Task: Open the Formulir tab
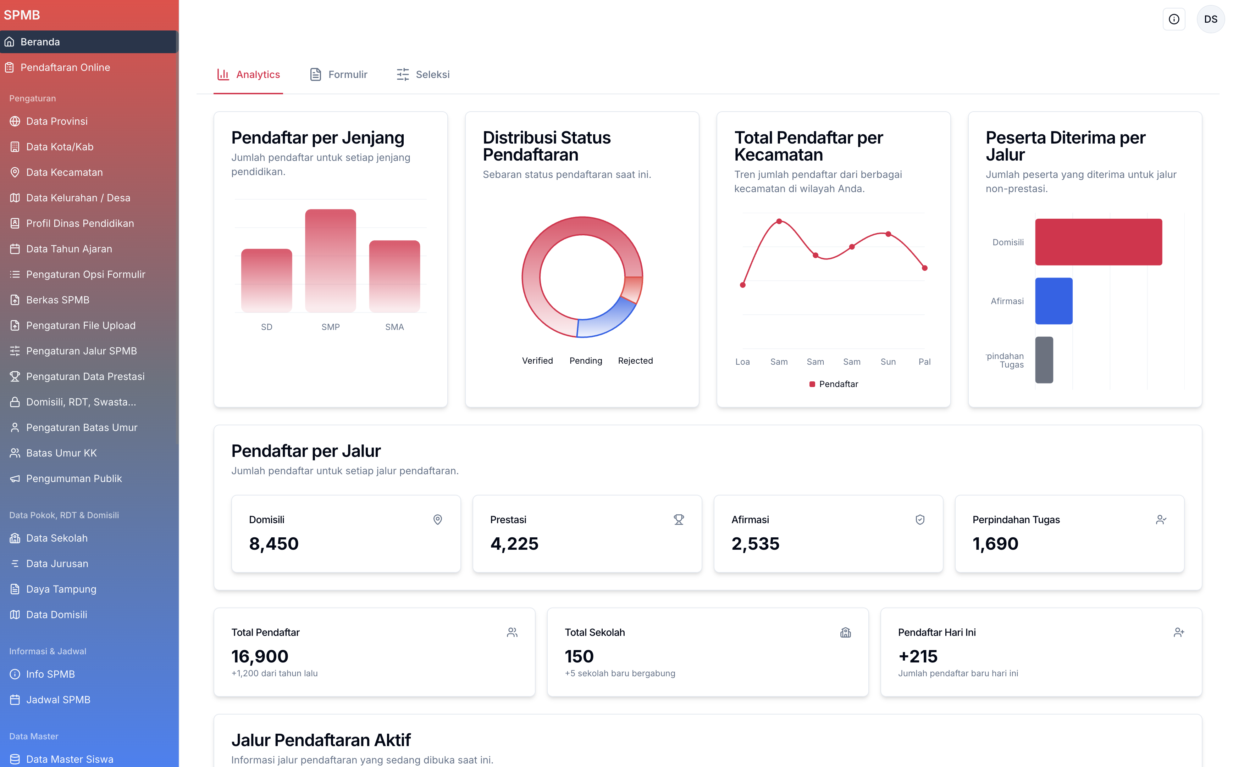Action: click(x=339, y=74)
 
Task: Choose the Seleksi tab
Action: click(x=423, y=74)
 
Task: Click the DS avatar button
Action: click(x=1210, y=19)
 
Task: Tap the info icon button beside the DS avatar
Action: click(x=1174, y=19)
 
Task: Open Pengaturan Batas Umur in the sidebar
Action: click(x=81, y=428)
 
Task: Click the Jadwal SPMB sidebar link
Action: click(x=58, y=700)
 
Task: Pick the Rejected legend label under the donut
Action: click(x=635, y=361)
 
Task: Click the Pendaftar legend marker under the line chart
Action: click(x=812, y=384)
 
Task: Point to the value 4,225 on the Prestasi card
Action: click(x=514, y=544)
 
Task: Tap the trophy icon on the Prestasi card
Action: click(x=679, y=520)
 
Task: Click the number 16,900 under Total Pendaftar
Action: click(x=260, y=656)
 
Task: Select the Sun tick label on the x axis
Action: click(x=888, y=362)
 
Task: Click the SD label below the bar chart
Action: click(x=266, y=327)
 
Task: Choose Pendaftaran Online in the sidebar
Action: click(x=65, y=67)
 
